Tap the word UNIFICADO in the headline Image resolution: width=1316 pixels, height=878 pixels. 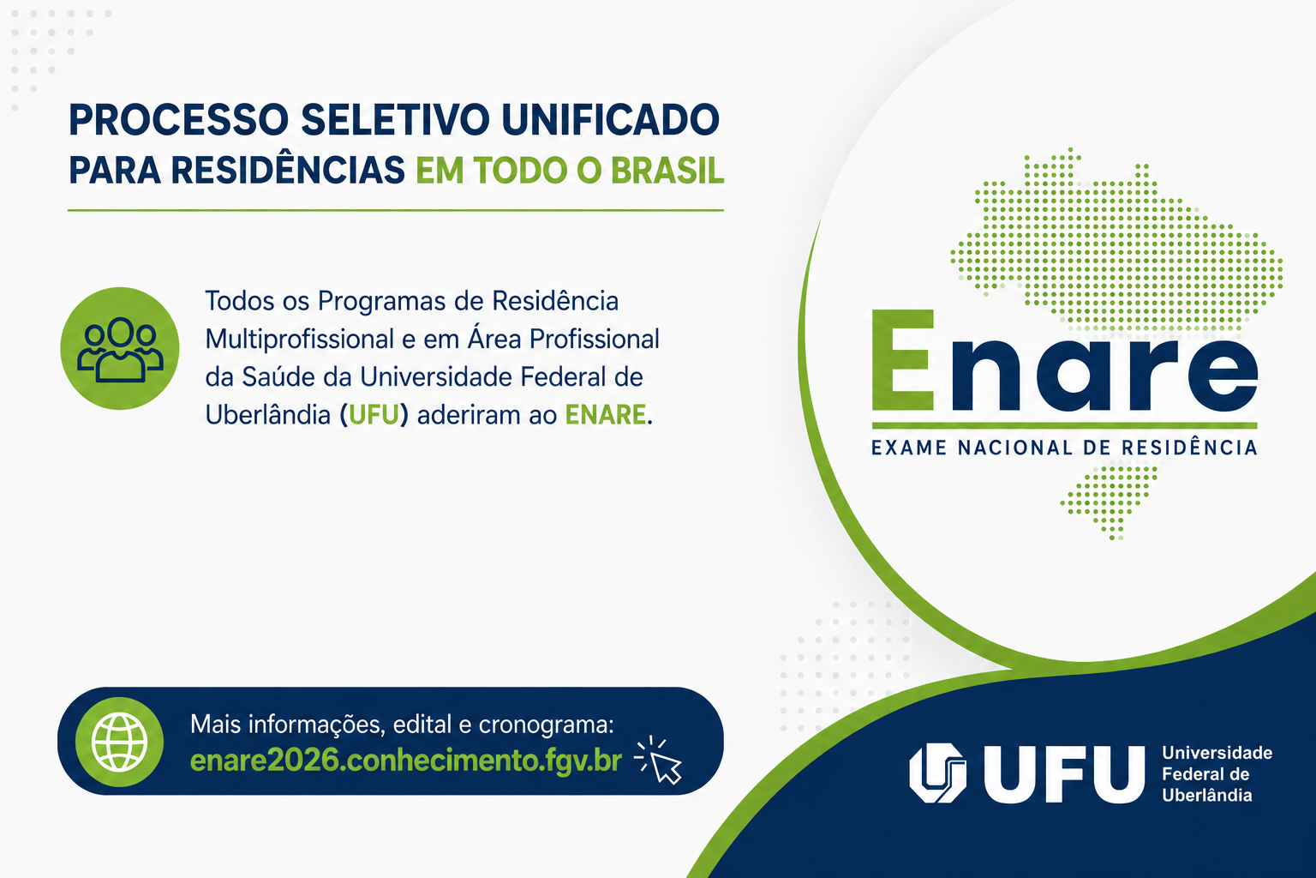point(610,120)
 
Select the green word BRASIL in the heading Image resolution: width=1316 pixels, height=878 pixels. point(667,171)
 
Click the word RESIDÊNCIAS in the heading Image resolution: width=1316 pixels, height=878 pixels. point(288,170)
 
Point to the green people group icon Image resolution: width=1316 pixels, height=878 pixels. point(120,348)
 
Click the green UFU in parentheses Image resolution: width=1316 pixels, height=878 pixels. point(374,415)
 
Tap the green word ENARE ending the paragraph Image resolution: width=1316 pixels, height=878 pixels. point(605,415)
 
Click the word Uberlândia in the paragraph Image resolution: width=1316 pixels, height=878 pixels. point(268,415)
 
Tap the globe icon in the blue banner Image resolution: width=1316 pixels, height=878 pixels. point(119,742)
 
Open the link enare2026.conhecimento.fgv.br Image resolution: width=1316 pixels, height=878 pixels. point(406,761)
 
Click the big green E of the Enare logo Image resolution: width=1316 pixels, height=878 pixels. point(903,360)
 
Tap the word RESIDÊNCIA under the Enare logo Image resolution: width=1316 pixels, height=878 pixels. point(1190,447)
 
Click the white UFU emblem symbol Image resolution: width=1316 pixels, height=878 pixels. point(937,773)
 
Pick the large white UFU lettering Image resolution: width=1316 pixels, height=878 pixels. point(1064,774)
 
